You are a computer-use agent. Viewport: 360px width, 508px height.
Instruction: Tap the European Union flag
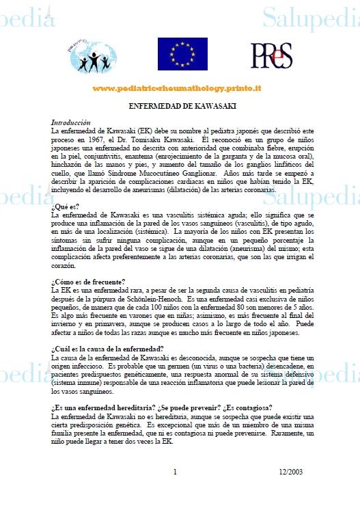click(182, 55)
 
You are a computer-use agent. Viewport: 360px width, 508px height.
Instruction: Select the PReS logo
click(271, 55)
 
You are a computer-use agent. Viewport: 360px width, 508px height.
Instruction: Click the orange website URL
click(177, 89)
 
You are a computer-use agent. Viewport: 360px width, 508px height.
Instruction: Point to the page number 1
click(175, 472)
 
